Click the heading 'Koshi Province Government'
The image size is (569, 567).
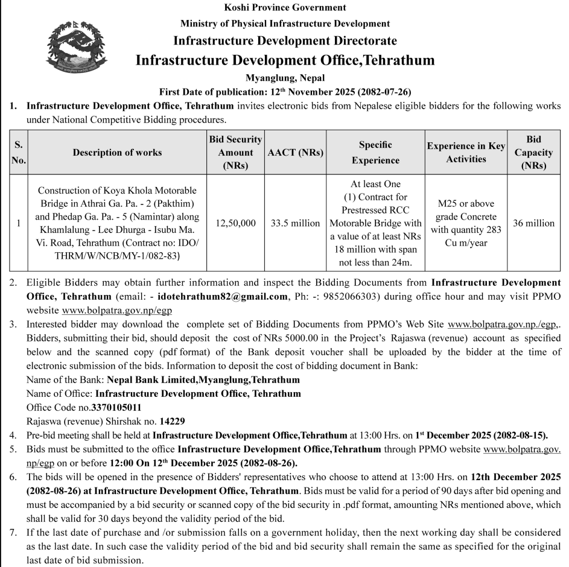(x=285, y=8)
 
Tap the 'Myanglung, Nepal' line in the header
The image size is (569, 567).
(x=285, y=78)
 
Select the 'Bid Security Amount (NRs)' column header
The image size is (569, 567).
(x=235, y=152)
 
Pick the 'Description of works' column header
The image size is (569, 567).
(x=117, y=153)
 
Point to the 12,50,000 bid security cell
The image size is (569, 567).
(x=235, y=223)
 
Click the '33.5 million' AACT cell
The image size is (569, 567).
(x=296, y=223)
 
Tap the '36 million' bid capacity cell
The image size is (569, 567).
(x=533, y=223)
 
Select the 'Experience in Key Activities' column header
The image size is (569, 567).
(x=466, y=153)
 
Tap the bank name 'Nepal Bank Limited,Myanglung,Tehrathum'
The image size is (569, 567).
(x=203, y=381)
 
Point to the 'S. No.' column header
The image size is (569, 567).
(x=19, y=153)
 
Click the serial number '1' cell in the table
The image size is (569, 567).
(x=19, y=223)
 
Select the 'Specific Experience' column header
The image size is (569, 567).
(x=375, y=153)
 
